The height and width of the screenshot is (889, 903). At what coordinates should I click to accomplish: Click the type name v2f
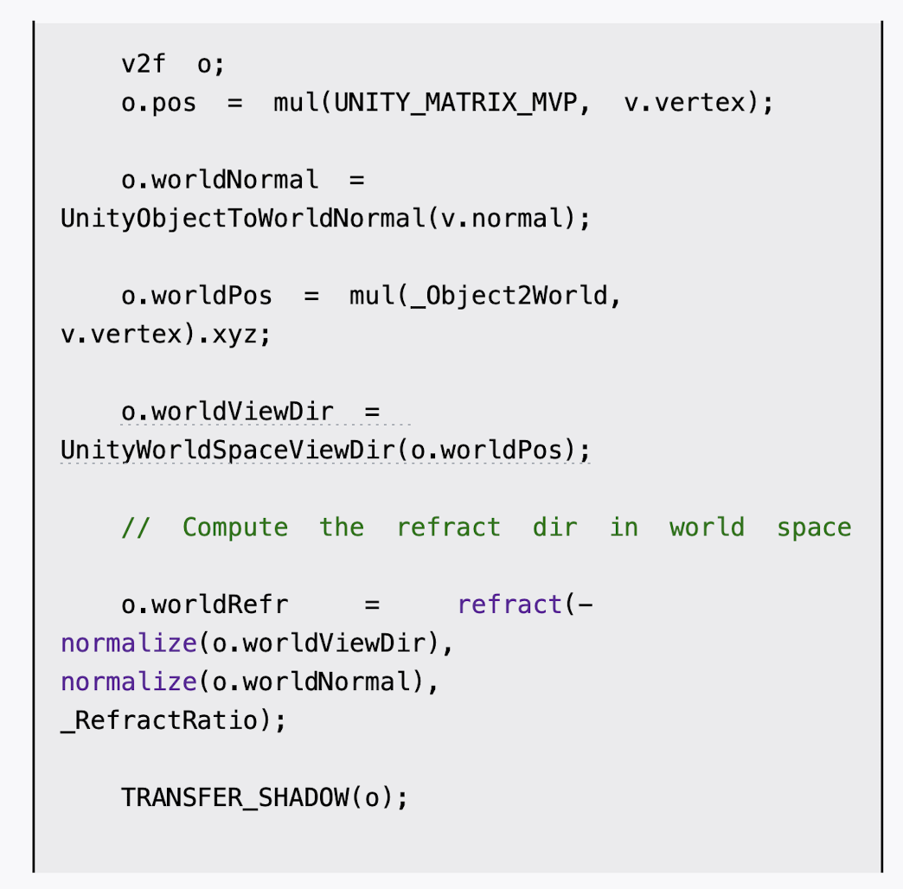point(143,65)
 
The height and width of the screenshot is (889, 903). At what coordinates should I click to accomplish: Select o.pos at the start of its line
point(158,104)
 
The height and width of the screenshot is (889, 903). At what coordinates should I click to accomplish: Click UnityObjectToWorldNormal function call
point(242,219)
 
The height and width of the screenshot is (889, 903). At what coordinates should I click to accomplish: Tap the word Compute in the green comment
point(234,528)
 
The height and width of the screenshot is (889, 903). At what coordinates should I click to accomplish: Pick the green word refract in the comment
point(448,528)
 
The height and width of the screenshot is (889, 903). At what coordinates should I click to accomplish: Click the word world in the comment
point(707,528)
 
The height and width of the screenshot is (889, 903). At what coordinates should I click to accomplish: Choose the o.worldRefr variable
point(204,604)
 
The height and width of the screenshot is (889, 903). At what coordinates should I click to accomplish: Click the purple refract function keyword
point(509,604)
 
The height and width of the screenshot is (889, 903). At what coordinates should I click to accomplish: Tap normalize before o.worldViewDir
point(128,643)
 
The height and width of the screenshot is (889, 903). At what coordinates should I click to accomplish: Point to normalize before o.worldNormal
point(128,681)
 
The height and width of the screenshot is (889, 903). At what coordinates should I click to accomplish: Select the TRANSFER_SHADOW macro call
point(234,797)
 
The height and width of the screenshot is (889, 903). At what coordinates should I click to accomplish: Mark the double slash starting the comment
point(135,528)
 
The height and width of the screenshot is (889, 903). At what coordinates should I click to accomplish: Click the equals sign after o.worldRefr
point(372,604)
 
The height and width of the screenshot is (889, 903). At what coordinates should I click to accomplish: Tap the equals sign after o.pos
point(234,104)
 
